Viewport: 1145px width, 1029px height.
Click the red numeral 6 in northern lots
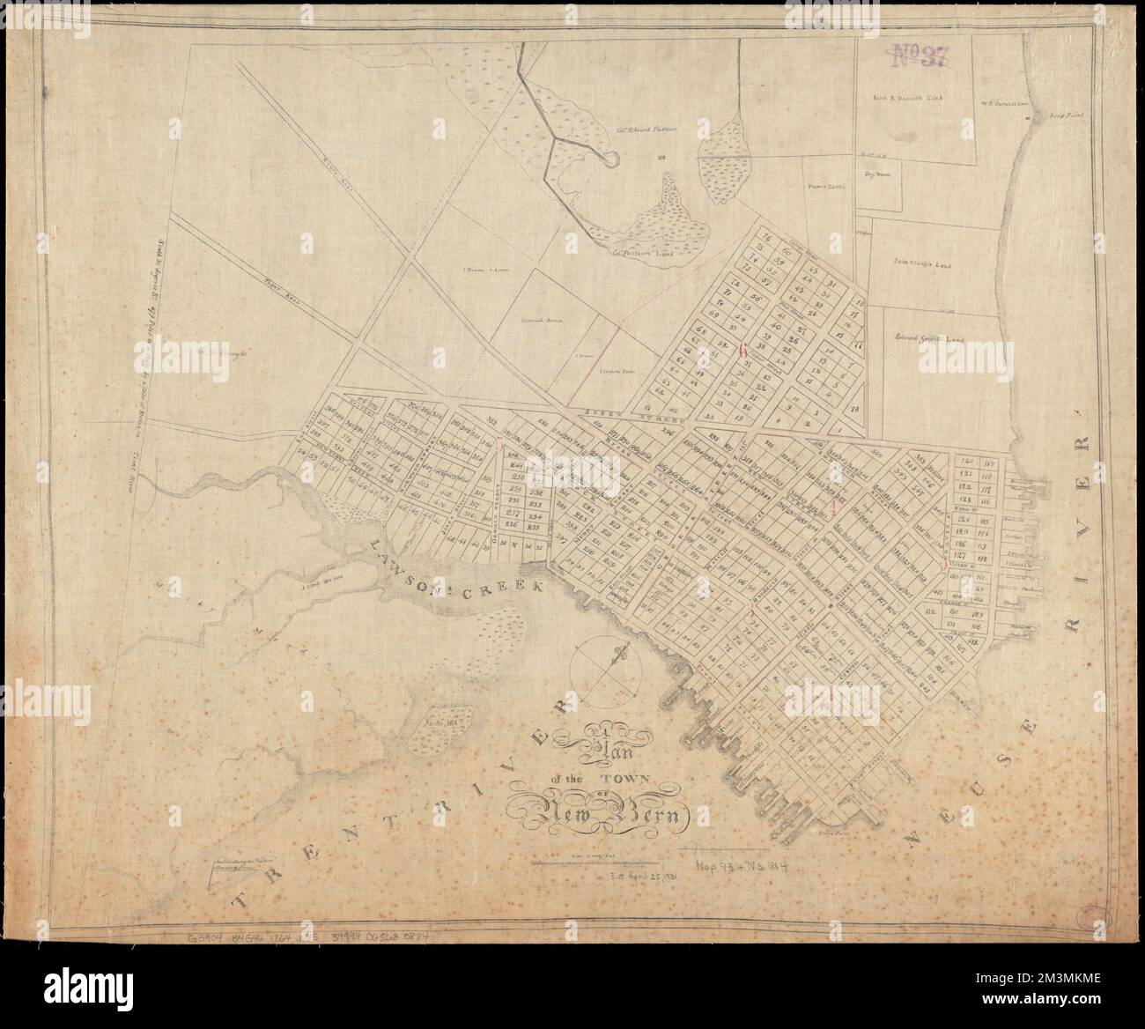742,350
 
